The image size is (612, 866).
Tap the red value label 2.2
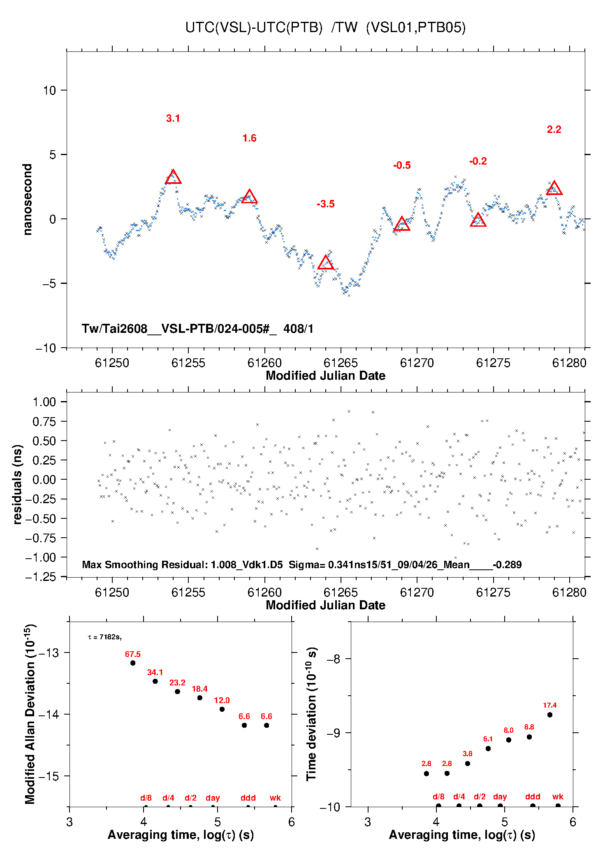(x=554, y=130)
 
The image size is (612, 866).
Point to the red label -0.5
(x=402, y=165)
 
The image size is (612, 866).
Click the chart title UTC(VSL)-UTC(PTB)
(x=254, y=28)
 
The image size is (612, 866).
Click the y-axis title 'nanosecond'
(x=27, y=199)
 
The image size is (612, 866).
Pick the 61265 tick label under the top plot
(x=341, y=363)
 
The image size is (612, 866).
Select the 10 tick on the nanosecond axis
(x=50, y=91)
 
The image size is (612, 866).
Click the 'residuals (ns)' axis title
(x=17, y=484)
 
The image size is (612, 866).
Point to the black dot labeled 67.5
(x=133, y=663)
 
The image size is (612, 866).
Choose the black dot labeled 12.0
(x=222, y=709)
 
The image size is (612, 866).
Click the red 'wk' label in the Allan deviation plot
(x=275, y=798)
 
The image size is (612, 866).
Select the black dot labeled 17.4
(x=550, y=715)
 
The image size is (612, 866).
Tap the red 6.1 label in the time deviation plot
(x=488, y=739)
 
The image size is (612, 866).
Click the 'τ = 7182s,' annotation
(x=104, y=637)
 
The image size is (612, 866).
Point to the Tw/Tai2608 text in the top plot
(x=197, y=329)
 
